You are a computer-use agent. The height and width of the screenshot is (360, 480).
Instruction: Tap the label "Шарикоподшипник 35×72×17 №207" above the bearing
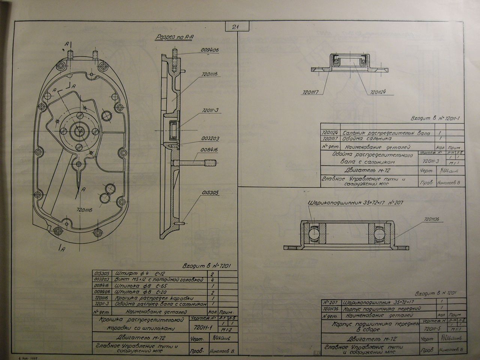point(355,202)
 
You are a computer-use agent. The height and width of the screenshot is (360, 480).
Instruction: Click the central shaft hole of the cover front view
point(79,131)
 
